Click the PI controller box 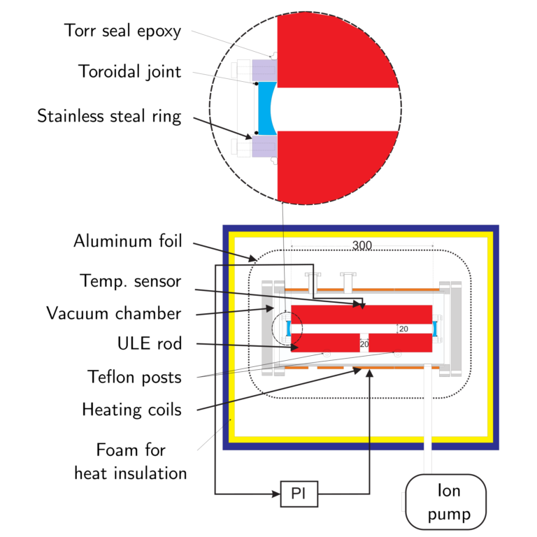[299, 495]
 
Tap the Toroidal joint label [130, 71]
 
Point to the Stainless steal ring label [109, 115]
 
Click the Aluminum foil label [128, 242]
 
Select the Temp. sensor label [131, 281]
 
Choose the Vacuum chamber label [113, 313]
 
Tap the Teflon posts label [135, 377]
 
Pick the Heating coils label [131, 409]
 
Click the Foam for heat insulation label [130, 461]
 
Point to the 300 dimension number [362, 246]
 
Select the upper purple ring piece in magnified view [264, 70]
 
